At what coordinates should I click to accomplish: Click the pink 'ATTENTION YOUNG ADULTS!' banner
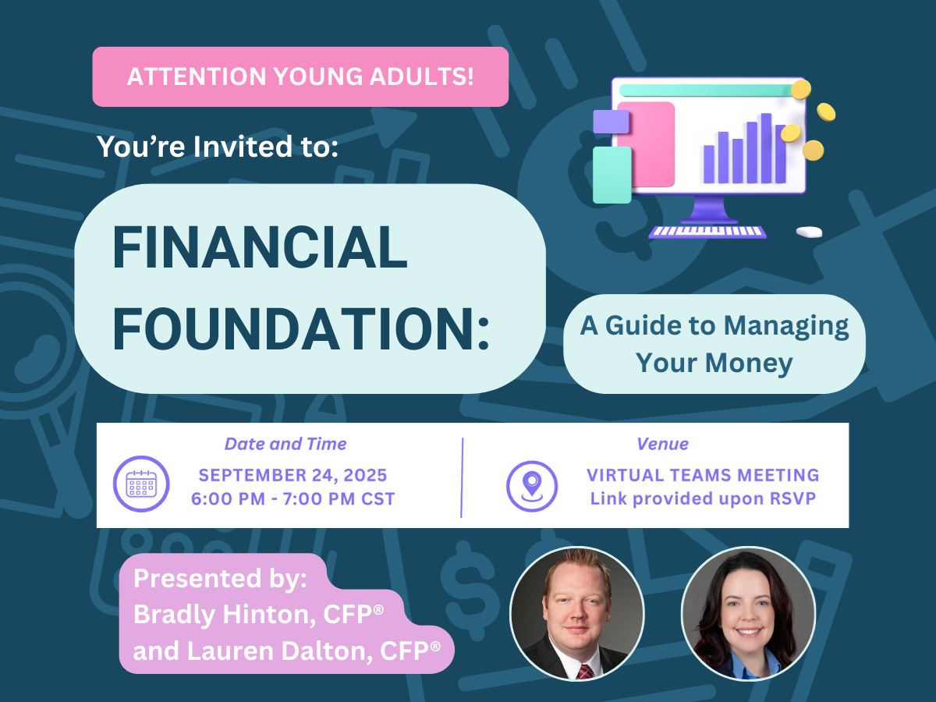click(300, 76)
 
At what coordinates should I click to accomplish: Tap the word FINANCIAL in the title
click(260, 247)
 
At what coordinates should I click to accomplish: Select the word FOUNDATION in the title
click(295, 328)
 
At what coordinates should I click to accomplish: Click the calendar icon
click(141, 484)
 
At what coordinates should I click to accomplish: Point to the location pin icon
click(532, 486)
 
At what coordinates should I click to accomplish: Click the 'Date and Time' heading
click(285, 444)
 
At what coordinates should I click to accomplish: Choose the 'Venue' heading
click(663, 444)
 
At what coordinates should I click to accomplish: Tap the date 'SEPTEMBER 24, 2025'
click(293, 475)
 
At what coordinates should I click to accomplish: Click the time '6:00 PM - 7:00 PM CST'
click(293, 498)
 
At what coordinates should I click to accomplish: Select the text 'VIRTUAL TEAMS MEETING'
click(703, 475)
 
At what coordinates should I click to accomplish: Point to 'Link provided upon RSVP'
click(703, 498)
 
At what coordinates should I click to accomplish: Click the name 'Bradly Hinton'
click(225, 615)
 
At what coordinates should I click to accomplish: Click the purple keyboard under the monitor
click(707, 232)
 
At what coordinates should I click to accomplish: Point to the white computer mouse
click(809, 232)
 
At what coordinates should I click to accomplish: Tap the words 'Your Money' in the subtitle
click(714, 363)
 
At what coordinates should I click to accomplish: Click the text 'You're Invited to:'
click(218, 147)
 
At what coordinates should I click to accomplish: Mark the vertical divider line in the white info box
click(462, 477)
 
